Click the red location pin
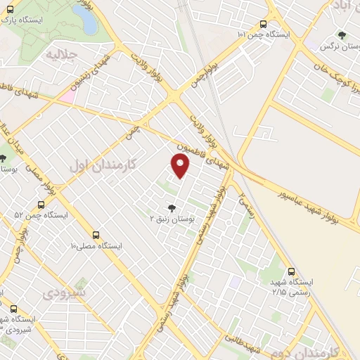[x=181, y=165]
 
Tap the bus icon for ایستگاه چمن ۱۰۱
[x=264, y=23]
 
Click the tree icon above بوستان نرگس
[x=341, y=34]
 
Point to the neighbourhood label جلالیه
[x=60, y=53]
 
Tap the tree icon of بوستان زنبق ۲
[x=172, y=207]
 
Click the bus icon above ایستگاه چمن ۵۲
[x=40, y=204]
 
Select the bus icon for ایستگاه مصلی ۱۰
[x=96, y=236]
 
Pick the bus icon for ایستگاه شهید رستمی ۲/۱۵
[x=291, y=271]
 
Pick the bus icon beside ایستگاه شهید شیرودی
[x=13, y=308]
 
